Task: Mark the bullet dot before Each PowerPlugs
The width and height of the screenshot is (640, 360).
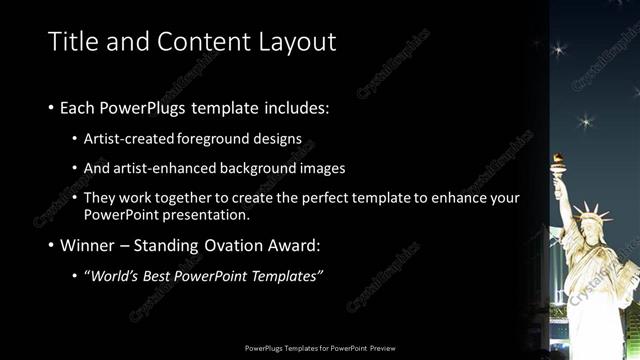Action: (51, 106)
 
